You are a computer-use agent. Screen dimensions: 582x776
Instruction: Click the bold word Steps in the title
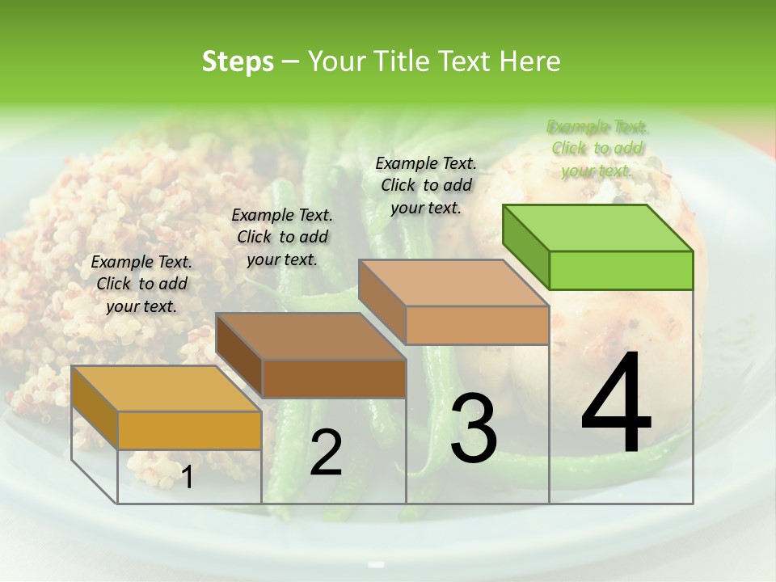[238, 61]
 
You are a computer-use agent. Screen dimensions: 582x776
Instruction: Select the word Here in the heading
[530, 61]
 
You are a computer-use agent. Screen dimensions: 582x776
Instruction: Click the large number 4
[617, 404]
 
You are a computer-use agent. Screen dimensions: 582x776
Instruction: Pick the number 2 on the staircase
[326, 453]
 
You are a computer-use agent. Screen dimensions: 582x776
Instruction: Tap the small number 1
[188, 478]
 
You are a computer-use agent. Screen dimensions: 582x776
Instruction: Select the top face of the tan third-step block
[453, 284]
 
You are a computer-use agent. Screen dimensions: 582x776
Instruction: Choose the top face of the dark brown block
[310, 336]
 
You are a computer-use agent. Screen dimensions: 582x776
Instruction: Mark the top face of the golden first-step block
[167, 389]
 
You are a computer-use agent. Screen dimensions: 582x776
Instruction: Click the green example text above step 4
[597, 149]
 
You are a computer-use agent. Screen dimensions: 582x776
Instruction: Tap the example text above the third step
[427, 185]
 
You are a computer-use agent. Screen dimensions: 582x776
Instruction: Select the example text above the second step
[282, 238]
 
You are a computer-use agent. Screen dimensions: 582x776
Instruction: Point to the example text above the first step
[141, 285]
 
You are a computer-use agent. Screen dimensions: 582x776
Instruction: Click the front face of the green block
[621, 270]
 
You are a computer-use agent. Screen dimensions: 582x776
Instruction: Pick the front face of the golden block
[189, 430]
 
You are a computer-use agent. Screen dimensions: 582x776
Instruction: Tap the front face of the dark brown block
[334, 378]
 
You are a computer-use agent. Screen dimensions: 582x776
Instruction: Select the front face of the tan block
[477, 325]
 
